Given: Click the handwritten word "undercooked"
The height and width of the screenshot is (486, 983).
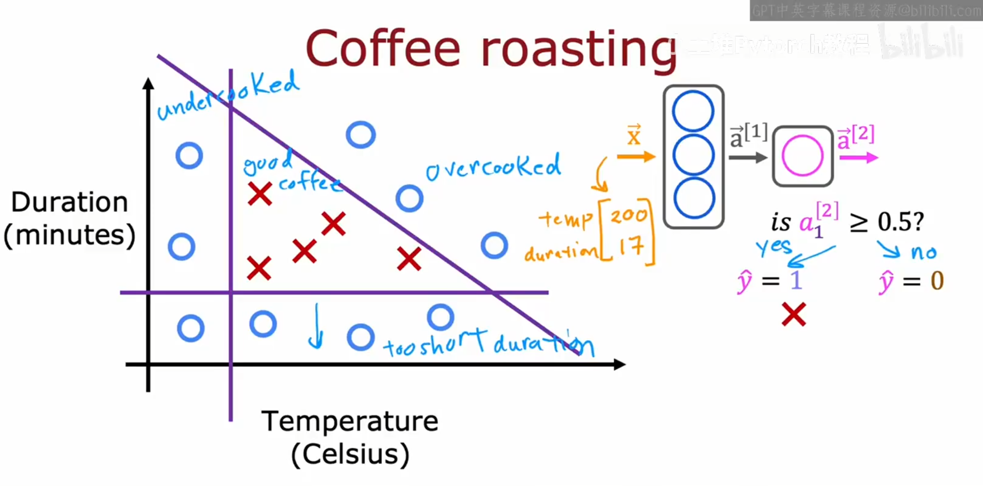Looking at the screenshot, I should pyautogui.click(x=228, y=96).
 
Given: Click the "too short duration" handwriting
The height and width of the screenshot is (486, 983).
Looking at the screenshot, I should pyautogui.click(x=488, y=345).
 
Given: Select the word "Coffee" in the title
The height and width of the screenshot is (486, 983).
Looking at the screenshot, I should pyautogui.click(x=383, y=49).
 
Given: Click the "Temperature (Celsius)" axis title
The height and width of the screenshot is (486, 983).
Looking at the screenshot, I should pyautogui.click(x=350, y=437).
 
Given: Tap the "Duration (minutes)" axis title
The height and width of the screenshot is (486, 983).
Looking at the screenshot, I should pyautogui.click(x=69, y=218).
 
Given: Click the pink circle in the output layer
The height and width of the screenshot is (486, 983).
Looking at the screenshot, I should pyautogui.click(x=802, y=156).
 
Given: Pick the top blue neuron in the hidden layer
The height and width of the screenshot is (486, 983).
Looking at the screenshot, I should pyautogui.click(x=693, y=112).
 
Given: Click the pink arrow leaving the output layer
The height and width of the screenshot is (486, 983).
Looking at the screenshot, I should pyautogui.click(x=859, y=158).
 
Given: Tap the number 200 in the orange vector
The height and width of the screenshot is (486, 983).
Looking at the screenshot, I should pyautogui.click(x=629, y=214).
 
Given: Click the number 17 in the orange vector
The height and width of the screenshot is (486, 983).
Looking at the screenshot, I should pyautogui.click(x=631, y=247).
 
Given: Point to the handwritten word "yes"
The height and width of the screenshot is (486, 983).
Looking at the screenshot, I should pyautogui.click(x=774, y=247).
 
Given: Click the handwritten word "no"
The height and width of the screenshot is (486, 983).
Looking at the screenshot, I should pyautogui.click(x=923, y=252).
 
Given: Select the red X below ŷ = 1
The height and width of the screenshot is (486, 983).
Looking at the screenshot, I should pyautogui.click(x=794, y=314).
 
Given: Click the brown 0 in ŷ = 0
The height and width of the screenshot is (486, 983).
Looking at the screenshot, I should pyautogui.click(x=937, y=280).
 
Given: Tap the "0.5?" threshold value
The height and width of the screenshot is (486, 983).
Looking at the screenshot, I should pyautogui.click(x=900, y=222).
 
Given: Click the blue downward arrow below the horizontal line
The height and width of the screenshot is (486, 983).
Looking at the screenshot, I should pyautogui.click(x=316, y=326).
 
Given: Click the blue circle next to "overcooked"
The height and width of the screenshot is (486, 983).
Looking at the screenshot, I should pyautogui.click(x=409, y=199).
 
